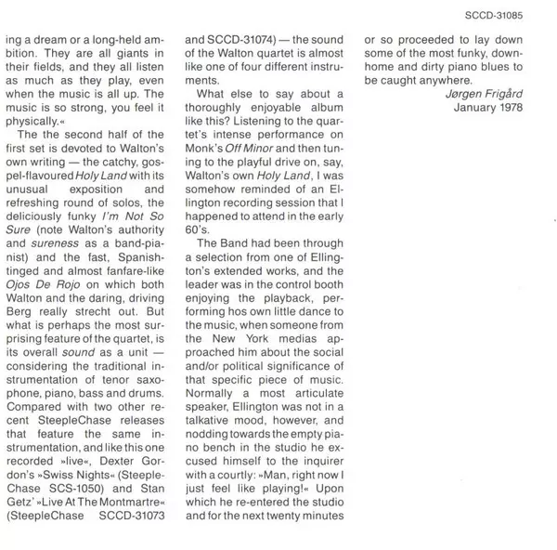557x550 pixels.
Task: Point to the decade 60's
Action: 199,230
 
